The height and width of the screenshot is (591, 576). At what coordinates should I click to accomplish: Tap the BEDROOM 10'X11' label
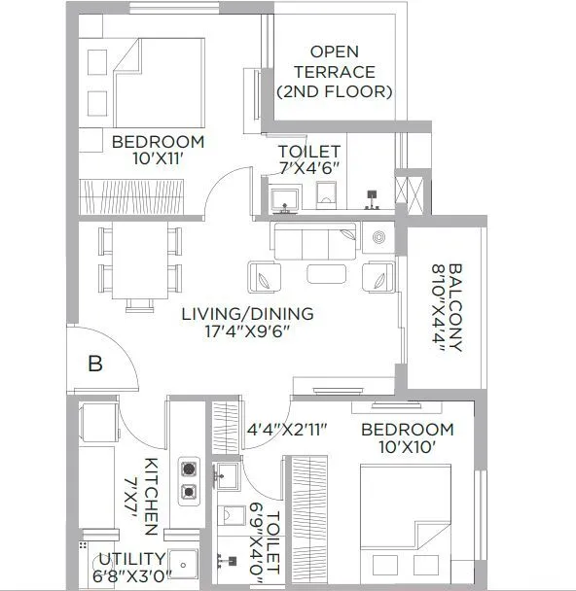[x=158, y=151]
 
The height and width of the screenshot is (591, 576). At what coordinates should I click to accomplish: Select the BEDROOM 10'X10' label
[x=407, y=438]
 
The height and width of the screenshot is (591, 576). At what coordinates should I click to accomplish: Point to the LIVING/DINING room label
[x=247, y=314]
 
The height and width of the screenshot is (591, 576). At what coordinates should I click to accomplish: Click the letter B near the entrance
[x=95, y=365]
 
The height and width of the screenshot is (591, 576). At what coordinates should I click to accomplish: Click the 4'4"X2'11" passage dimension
[x=285, y=429]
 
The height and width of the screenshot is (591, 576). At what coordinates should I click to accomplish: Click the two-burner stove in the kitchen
[x=188, y=479]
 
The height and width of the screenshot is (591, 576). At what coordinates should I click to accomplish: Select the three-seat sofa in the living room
[x=314, y=240]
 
